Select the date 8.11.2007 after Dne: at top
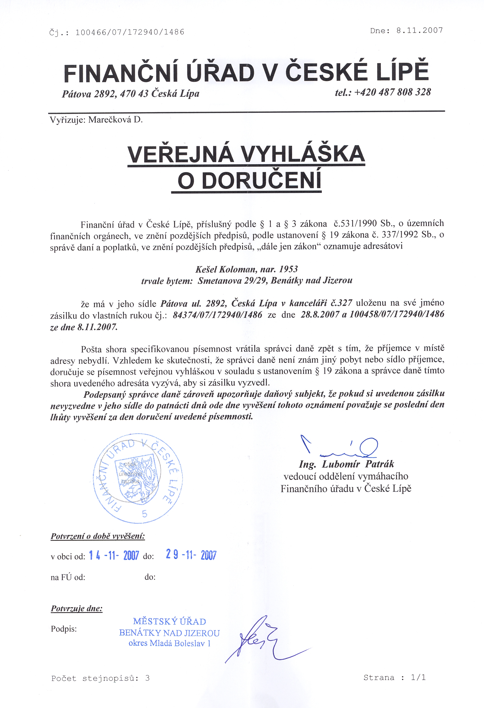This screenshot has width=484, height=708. pos(419,31)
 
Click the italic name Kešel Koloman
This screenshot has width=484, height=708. pos(225,269)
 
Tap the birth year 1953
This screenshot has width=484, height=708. pos(288,269)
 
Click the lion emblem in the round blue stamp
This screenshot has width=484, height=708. pos(138,478)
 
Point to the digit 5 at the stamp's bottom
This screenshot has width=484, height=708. pos(144,514)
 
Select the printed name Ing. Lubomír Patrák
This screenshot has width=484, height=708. pos(346,464)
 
